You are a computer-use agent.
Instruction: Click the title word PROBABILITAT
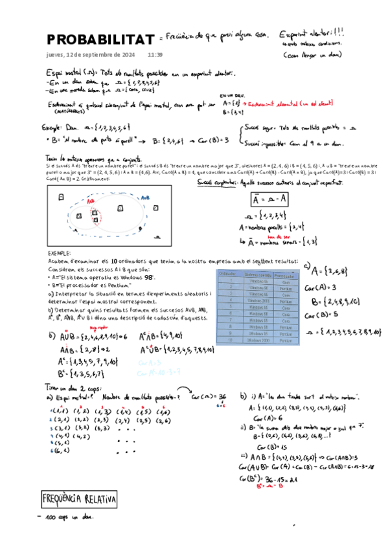pyautogui.click(x=100, y=39)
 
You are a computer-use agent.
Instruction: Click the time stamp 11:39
pyautogui.click(x=155, y=55)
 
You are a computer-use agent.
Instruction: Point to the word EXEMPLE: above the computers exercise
pyautogui.click(x=61, y=254)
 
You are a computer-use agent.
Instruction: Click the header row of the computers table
pyautogui.click(x=257, y=274)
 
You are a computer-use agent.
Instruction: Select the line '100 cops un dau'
pyautogui.click(x=69, y=518)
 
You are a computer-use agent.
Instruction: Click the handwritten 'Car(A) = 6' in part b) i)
pyautogui.click(x=265, y=417)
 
